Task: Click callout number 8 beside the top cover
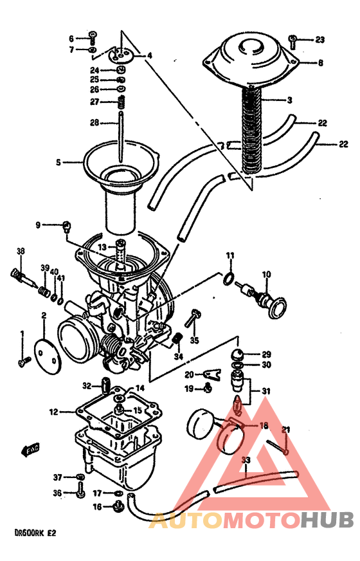(x=320, y=63)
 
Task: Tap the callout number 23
(x=320, y=40)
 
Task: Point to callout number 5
(x=58, y=163)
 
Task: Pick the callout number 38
(x=20, y=252)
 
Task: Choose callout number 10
(x=266, y=275)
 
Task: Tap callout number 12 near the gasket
(x=53, y=410)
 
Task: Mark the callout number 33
(x=245, y=460)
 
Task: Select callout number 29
(x=266, y=354)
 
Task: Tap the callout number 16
(x=97, y=507)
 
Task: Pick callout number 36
(x=57, y=493)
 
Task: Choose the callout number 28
(x=94, y=122)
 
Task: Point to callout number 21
(x=287, y=430)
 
